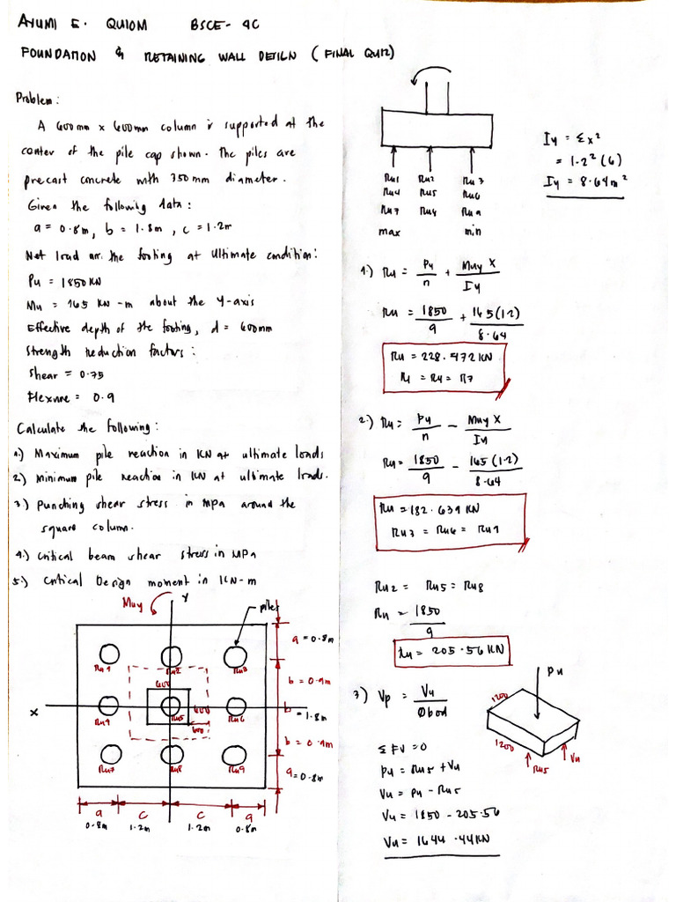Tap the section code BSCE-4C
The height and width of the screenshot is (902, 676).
pyautogui.click(x=224, y=24)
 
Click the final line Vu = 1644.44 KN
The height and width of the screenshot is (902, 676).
pyautogui.click(x=439, y=841)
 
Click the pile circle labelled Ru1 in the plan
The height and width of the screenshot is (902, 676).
pyautogui.click(x=110, y=654)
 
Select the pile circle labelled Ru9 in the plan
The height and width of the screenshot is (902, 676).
pyautogui.click(x=233, y=756)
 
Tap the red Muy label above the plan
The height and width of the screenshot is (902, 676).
pyautogui.click(x=136, y=604)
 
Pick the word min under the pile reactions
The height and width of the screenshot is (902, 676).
pyautogui.click(x=473, y=233)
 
